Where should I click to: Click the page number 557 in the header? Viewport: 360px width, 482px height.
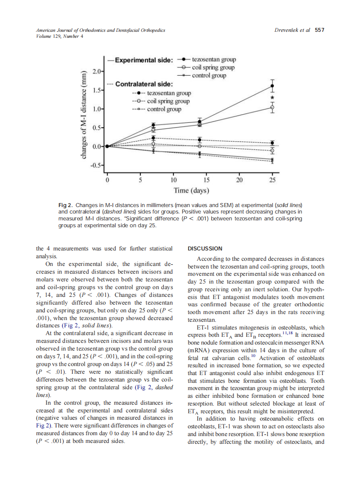pyautogui.click(x=319, y=30)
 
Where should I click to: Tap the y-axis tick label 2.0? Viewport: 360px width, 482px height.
pyautogui.click(x=96, y=71)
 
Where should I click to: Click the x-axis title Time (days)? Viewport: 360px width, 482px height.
pyautogui.click(x=191, y=190)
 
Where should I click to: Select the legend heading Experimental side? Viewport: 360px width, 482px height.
pyautogui.click(x=143, y=60)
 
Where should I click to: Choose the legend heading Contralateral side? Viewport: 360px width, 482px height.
pyautogui.click(x=144, y=84)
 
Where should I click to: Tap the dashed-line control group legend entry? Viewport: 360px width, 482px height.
pyautogui.click(x=156, y=109)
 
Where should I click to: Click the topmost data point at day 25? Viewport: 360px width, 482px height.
pyautogui.click(x=272, y=86)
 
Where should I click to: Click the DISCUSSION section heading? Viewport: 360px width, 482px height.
pyautogui.click(x=205, y=249)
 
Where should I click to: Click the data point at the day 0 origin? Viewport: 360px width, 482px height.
pyautogui.click(x=107, y=146)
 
